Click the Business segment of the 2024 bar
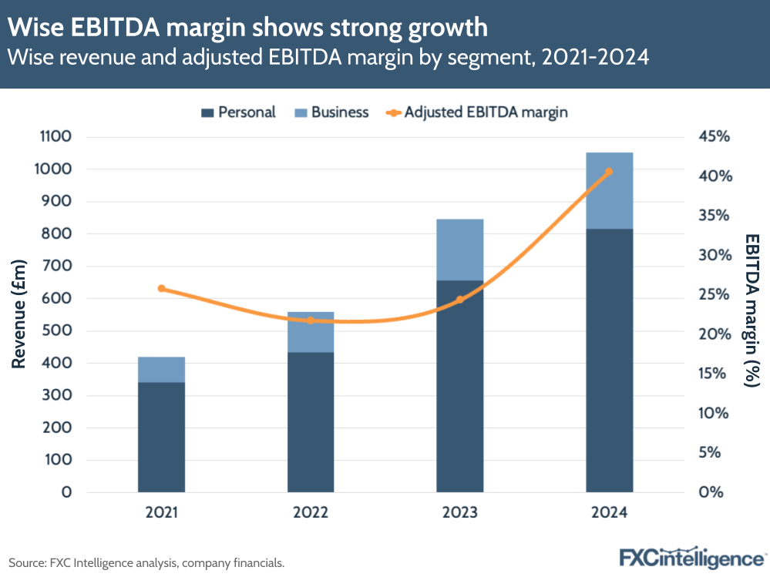(609, 191)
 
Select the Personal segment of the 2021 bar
(161, 437)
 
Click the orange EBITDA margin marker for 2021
(161, 289)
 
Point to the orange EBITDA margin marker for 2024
(609, 172)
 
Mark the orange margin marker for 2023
(460, 300)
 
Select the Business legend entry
(331, 112)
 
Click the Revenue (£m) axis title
(20, 314)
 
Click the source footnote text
(146, 563)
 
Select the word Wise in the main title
(32, 28)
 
